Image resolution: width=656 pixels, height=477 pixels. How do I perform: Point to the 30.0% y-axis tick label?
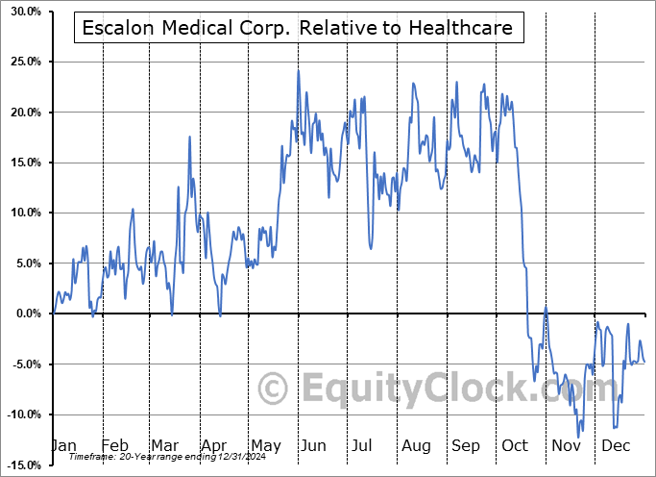coord(23,13)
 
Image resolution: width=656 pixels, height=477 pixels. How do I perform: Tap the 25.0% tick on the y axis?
coord(23,63)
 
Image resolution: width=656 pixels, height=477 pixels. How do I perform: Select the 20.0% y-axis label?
coord(23,113)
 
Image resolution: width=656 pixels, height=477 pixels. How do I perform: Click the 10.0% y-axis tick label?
coord(23,213)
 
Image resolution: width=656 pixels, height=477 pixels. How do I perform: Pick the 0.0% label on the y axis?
coord(26,314)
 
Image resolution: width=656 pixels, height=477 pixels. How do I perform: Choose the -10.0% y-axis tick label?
coord(21,414)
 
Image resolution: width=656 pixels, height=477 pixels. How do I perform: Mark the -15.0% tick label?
coord(21,464)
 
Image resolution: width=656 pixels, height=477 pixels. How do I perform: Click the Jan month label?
coord(63,446)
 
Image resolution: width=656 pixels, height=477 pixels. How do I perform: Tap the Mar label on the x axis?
coord(164,446)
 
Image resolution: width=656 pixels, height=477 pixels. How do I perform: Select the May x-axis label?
coord(265,446)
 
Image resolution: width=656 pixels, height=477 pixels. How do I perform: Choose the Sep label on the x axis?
coord(466,446)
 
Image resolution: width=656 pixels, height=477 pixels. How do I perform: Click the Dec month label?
coord(616,446)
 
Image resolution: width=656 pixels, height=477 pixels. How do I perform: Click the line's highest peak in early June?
coord(299,70)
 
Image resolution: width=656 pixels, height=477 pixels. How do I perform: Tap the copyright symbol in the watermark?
coord(275,389)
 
